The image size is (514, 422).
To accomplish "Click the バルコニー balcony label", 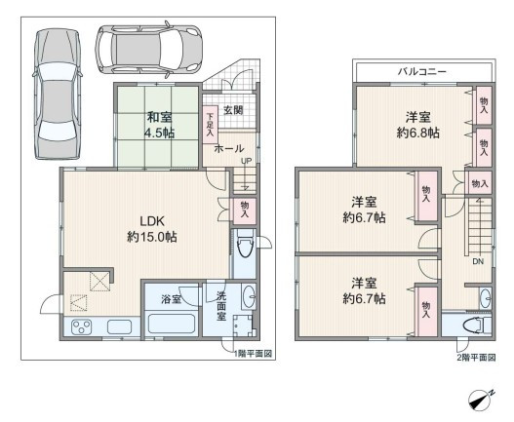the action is tap(422, 71).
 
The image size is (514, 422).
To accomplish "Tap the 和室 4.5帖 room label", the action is tap(160, 125).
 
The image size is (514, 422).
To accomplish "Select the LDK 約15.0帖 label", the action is tap(152, 229).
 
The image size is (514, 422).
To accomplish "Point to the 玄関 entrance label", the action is tap(233, 110).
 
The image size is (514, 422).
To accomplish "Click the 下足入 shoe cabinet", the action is tap(210, 125).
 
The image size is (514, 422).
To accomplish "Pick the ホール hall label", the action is tap(229, 149).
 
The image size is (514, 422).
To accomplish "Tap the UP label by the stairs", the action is tap(246, 161).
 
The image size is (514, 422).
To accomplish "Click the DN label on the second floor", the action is tap(478, 261).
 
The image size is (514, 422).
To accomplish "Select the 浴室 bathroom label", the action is tap(171, 299).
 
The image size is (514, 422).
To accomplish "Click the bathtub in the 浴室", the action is tap(172, 324).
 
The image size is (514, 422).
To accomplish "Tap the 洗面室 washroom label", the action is tap(221, 306).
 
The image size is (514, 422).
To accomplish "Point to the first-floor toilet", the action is tap(245, 244).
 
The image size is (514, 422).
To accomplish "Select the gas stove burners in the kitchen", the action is tap(82, 326).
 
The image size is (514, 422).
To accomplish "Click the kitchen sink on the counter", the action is tap(119, 326).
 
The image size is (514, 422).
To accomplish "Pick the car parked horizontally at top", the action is tap(148, 50).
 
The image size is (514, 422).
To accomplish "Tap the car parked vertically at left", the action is tap(58, 94).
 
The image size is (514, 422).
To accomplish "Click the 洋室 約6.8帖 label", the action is tap(418, 125).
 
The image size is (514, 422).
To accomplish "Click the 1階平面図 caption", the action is tap(253, 354).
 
